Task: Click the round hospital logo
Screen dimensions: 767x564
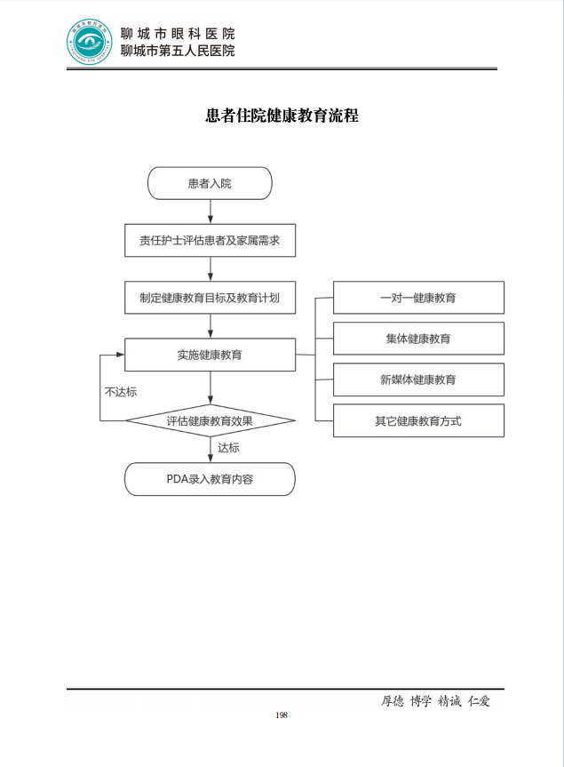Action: tap(91, 42)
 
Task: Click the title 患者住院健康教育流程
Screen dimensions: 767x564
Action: tap(282, 116)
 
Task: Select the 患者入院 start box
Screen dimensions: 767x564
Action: tap(210, 183)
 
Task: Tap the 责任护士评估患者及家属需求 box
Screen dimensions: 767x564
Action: tap(210, 240)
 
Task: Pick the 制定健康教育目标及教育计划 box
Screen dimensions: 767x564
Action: tap(210, 298)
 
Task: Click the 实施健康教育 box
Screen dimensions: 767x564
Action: tap(210, 355)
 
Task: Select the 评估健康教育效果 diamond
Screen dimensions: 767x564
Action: tap(210, 420)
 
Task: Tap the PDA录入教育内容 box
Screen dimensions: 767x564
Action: tap(210, 479)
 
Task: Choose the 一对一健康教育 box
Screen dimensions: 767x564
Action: tap(418, 298)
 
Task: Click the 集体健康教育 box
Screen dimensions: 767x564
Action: tap(418, 339)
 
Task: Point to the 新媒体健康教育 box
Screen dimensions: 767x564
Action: tap(418, 380)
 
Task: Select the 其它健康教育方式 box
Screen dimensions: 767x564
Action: tap(418, 420)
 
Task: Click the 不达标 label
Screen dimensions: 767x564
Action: tap(120, 391)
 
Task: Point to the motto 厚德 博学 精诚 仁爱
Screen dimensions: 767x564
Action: tap(435, 700)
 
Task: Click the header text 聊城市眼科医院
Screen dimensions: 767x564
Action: tap(178, 34)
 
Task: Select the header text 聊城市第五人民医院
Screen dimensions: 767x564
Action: tap(178, 51)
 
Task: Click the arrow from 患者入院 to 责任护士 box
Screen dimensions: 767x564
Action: tap(210, 212)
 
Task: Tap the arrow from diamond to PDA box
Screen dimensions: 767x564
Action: tap(211, 450)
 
